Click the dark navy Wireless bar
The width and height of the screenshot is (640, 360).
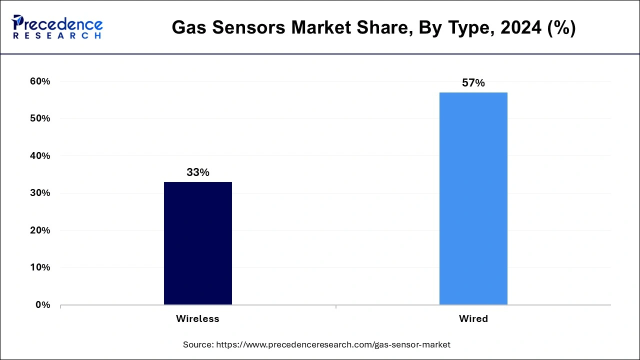(x=197, y=243)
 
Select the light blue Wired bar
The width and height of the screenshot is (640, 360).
(x=473, y=198)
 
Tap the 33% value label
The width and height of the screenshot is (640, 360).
(x=197, y=172)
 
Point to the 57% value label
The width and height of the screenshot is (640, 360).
(x=473, y=83)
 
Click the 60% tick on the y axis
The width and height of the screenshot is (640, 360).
(x=40, y=81)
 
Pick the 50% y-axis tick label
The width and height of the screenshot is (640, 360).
(x=40, y=118)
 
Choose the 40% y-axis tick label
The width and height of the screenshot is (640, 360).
(x=40, y=156)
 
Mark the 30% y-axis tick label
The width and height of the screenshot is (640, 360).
(x=40, y=193)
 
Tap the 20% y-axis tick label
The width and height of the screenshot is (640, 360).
(x=40, y=230)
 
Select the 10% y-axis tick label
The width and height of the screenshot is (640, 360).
(x=40, y=267)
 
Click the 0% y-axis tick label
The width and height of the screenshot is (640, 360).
(x=42, y=305)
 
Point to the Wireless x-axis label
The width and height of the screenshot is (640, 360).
(x=197, y=319)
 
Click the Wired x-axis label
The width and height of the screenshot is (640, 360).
(x=473, y=319)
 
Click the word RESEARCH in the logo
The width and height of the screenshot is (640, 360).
(x=57, y=36)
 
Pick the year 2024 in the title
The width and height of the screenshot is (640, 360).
(x=520, y=28)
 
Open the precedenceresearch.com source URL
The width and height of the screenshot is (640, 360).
(x=333, y=344)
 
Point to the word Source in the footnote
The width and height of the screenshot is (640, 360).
(x=198, y=344)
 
